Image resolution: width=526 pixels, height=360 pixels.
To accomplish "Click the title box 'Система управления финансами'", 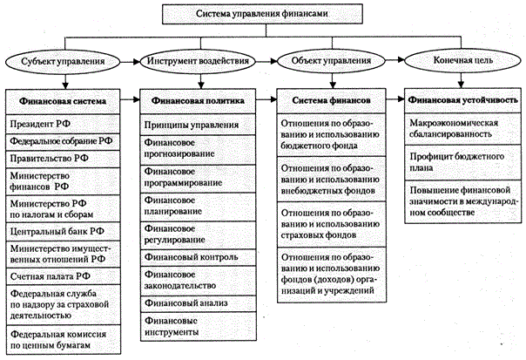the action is pyautogui.click(x=262, y=14).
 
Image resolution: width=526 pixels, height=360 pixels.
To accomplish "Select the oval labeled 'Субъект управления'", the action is pyautogui.click(x=63, y=62).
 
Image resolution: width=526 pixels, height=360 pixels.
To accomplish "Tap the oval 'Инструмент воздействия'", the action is pyautogui.click(x=198, y=61).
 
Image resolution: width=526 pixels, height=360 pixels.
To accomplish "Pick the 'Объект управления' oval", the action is pyautogui.click(x=331, y=61).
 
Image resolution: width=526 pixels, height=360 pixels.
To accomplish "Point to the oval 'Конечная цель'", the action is pyautogui.click(x=463, y=60).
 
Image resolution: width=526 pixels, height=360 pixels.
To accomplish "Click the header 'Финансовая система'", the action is pyautogui.click(x=63, y=101).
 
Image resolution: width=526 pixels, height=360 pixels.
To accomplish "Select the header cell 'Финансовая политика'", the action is pyautogui.click(x=198, y=101).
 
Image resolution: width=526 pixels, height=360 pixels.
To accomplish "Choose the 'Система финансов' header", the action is pyautogui.click(x=332, y=101).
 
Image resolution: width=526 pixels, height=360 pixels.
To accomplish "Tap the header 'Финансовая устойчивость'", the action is pyautogui.click(x=463, y=100).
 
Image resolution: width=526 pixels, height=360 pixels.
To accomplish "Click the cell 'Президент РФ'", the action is pyautogui.click(x=63, y=125).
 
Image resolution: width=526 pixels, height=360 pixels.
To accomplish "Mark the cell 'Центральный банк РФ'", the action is pyautogui.click(x=63, y=231).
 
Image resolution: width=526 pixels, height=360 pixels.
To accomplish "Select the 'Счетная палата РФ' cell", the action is pyautogui.click(x=63, y=276).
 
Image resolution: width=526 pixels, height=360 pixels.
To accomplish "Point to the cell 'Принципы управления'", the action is pyautogui.click(x=198, y=125).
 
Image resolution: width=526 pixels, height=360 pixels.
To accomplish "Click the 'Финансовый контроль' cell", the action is pyautogui.click(x=198, y=257).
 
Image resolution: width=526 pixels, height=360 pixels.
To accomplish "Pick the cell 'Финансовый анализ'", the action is pyautogui.click(x=198, y=303).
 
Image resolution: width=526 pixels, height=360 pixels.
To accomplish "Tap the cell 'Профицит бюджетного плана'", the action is pyautogui.click(x=463, y=162).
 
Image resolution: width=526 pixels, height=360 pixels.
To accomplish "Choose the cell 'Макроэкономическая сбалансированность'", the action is pyautogui.click(x=463, y=129).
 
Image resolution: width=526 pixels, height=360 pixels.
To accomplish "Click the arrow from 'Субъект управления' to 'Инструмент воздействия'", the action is pyautogui.click(x=130, y=62).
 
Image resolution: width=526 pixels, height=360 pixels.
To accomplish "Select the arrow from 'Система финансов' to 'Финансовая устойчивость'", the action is pyautogui.click(x=395, y=99).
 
